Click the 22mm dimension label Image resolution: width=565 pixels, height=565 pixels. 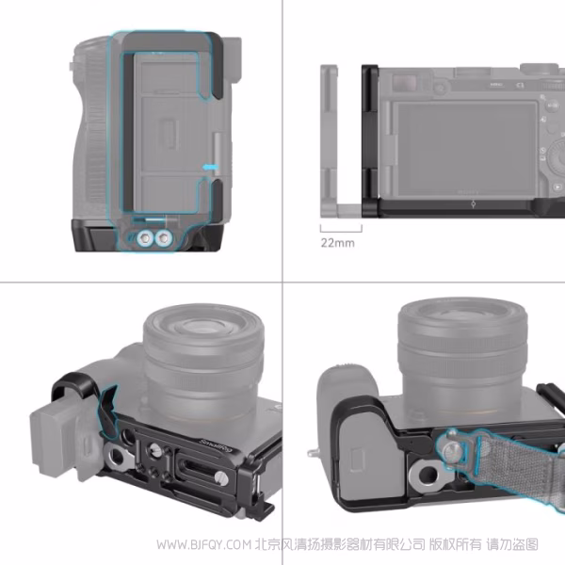click(336, 242)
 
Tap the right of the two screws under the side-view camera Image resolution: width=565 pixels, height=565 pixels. click(166, 238)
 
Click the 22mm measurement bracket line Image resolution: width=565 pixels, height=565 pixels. click(340, 228)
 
